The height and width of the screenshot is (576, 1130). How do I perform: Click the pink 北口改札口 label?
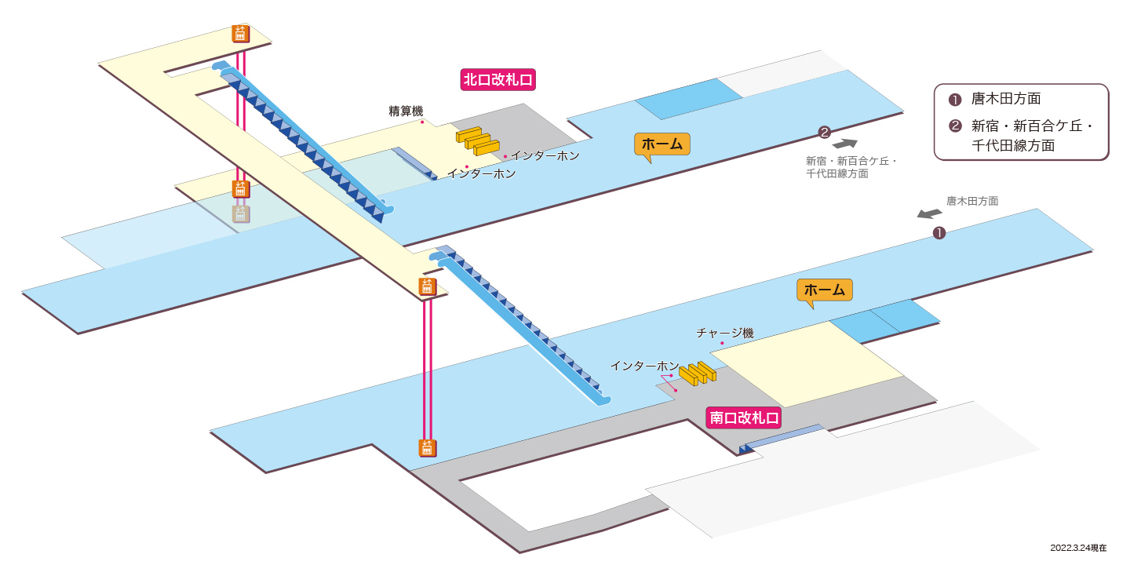pyautogui.click(x=498, y=80)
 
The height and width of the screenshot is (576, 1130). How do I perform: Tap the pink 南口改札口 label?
pyautogui.click(x=744, y=417)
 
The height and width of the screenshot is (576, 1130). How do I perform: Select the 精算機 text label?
pyautogui.click(x=406, y=111)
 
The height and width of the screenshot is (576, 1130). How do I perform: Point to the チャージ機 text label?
pyautogui.click(x=725, y=333)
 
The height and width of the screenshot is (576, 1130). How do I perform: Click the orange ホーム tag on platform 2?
pyautogui.click(x=662, y=144)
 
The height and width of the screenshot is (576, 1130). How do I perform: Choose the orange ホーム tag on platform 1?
pyautogui.click(x=824, y=290)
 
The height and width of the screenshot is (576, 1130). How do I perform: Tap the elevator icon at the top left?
pyautogui.click(x=240, y=34)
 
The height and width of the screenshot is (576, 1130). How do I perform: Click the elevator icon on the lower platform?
pyautogui.click(x=427, y=448)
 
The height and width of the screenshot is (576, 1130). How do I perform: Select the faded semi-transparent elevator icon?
pyautogui.click(x=241, y=214)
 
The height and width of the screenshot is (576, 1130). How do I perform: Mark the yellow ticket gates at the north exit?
pyautogui.click(x=478, y=140)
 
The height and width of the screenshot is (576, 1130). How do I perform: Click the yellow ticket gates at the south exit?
pyautogui.click(x=698, y=374)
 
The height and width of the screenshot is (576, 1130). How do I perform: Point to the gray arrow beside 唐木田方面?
pyautogui.click(x=929, y=213)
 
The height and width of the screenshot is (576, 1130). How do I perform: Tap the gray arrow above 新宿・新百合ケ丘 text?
pyautogui.click(x=845, y=144)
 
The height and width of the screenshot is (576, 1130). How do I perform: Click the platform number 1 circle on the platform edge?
pyautogui.click(x=939, y=233)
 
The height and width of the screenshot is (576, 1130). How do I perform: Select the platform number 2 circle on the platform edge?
pyautogui.click(x=824, y=133)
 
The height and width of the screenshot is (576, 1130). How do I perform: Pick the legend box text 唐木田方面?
pyautogui.click(x=1006, y=99)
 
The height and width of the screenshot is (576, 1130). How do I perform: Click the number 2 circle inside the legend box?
pyautogui.click(x=955, y=126)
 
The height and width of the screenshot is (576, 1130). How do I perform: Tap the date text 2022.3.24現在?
pyautogui.click(x=1078, y=548)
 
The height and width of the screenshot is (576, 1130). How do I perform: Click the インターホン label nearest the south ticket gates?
pyautogui.click(x=645, y=366)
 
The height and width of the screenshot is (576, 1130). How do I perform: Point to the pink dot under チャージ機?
pyautogui.click(x=722, y=343)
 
